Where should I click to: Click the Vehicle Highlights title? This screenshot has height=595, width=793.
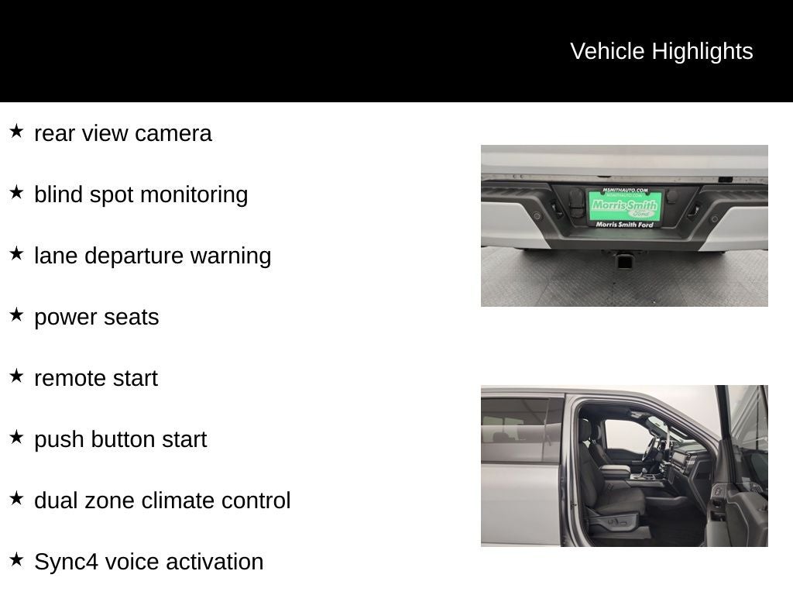tap(661, 51)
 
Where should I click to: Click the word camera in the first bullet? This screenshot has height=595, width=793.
tap(173, 133)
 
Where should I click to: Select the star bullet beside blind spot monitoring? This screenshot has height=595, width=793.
tap(17, 192)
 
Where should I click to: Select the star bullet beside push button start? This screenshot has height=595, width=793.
tap(17, 437)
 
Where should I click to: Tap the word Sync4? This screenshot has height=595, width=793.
tap(67, 562)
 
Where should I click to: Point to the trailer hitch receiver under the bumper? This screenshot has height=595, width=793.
tap(622, 260)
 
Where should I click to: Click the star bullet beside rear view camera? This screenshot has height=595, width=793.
tap(17, 131)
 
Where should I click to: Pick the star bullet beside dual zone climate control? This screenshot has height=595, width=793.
tap(17, 498)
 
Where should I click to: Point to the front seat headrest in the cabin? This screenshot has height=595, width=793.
tap(586, 429)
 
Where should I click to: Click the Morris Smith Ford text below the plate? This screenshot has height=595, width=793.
tap(625, 224)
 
